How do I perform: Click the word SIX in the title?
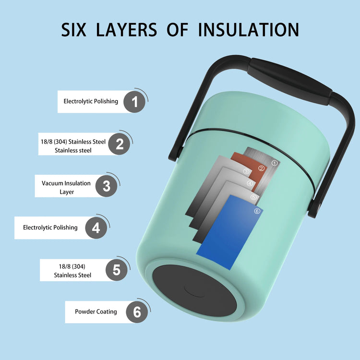click(x=74, y=30)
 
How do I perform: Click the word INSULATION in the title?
click(x=249, y=30)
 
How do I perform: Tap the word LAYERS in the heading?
click(x=127, y=30)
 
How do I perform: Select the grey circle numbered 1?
click(x=134, y=102)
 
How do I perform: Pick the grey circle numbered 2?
click(x=119, y=144)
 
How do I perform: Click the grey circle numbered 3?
click(x=106, y=186)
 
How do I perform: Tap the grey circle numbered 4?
click(x=96, y=228)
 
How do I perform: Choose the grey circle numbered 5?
click(x=117, y=270)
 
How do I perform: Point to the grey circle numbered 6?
click(x=137, y=312)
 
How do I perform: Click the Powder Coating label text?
click(x=96, y=312)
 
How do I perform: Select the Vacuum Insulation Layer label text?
click(x=66, y=187)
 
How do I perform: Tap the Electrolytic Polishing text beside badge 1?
click(x=91, y=101)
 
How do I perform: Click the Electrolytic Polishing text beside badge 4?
click(x=50, y=228)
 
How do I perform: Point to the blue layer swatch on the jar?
click(x=229, y=232)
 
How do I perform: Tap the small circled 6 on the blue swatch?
click(x=257, y=211)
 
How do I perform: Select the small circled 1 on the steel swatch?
click(x=275, y=163)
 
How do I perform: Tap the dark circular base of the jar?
click(x=194, y=290)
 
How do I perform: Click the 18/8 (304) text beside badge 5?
click(x=72, y=266)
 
